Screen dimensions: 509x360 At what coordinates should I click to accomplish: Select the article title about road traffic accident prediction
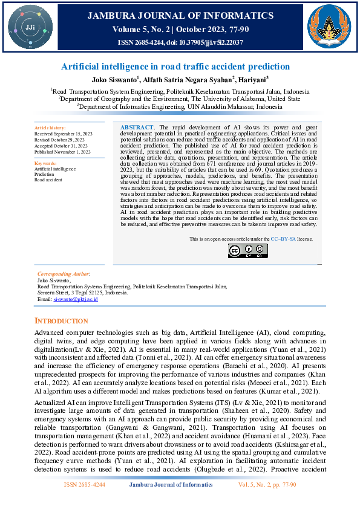[x=175, y=66]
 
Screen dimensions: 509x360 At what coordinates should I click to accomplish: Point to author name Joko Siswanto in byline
[x=114, y=79]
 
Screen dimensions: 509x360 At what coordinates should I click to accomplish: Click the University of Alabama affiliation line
[x=179, y=98]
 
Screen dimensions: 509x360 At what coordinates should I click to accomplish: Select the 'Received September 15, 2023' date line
[x=64, y=134]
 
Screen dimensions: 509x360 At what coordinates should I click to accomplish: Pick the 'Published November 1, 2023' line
[x=62, y=152]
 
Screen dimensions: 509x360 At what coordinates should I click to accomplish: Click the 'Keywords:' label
[x=46, y=163]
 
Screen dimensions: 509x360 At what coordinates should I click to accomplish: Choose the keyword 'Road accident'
[x=48, y=180]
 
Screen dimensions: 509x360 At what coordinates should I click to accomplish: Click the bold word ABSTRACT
[x=138, y=128]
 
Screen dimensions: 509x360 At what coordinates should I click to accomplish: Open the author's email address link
[x=76, y=299]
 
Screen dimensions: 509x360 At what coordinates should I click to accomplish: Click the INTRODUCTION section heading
[x=62, y=320]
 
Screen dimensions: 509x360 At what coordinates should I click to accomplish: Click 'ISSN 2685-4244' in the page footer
[x=85, y=485]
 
